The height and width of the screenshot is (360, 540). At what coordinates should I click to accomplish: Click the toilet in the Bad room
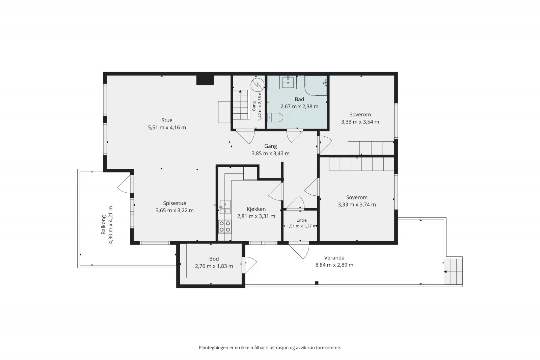coord(275,118)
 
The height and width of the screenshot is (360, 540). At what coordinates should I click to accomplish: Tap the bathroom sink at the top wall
coord(288,82)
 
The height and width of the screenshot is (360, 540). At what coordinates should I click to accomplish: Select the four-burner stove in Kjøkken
coord(225,226)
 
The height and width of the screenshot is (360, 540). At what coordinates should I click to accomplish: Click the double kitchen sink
coord(225,207)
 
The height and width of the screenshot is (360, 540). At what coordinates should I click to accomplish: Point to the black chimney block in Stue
coord(205,80)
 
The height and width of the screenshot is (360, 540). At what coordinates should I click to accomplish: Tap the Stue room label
coord(167,120)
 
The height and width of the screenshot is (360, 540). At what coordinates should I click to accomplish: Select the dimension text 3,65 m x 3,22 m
coord(174,210)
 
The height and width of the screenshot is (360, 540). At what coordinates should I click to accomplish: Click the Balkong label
coord(104,225)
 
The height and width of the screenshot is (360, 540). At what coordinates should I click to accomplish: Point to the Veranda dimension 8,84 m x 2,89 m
coord(334,265)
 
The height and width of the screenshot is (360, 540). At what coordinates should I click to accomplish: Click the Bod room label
coord(214,259)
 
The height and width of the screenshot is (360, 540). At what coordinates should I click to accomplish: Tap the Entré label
coord(301,220)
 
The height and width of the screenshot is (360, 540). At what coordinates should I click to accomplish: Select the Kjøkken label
coord(256,209)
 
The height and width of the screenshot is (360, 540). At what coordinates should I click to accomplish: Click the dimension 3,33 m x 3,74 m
coord(357,204)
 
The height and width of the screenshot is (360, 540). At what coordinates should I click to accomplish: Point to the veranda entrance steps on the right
coord(453,272)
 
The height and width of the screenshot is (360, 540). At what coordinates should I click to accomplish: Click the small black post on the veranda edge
coord(317,283)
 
